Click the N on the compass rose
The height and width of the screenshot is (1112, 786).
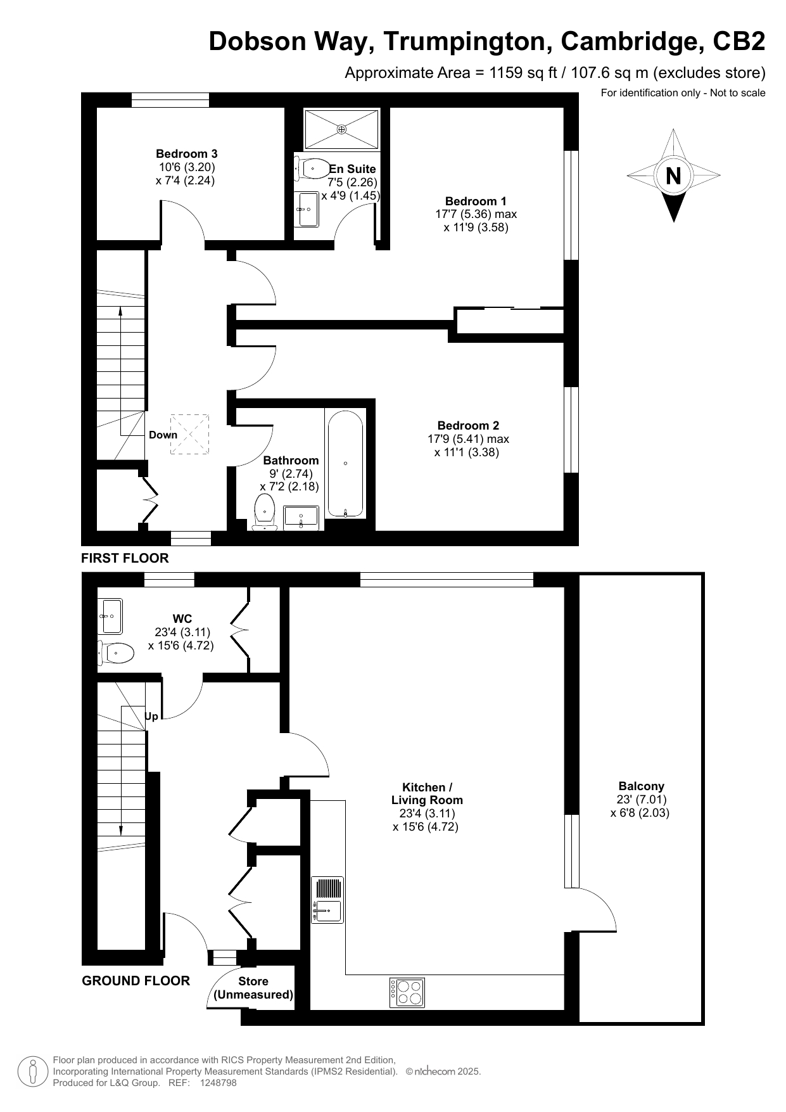point(673,176)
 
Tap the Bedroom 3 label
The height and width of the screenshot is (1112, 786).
point(187,153)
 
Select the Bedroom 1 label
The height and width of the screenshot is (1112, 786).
point(476,201)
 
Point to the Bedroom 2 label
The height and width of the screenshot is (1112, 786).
point(468,425)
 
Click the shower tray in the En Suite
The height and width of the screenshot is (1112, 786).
point(342,129)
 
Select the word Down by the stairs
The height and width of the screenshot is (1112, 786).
point(163,435)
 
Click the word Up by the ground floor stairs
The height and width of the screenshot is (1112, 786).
point(151,716)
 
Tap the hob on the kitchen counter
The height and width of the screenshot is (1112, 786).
point(407,993)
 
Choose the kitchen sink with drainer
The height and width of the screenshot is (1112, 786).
point(327,900)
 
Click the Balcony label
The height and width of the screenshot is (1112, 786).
point(641,786)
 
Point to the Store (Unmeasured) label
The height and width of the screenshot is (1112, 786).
point(253,988)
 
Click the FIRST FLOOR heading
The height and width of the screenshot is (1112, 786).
point(125,558)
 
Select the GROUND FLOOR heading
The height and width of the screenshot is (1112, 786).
point(136,981)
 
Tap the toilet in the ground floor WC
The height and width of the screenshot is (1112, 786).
point(115,652)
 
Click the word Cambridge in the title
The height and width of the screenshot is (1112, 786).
point(631,41)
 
